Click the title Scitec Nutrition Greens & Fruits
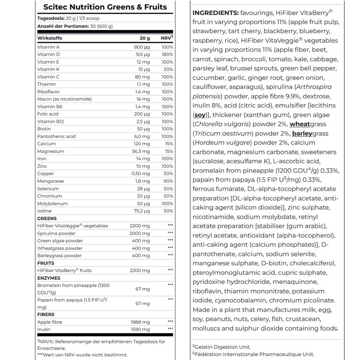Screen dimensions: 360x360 pos(105,7)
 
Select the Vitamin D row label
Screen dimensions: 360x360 pos(48,55)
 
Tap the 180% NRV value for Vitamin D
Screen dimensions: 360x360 pos(167,55)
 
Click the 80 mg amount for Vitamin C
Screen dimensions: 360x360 pos(143,77)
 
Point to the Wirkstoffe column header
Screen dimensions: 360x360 pos(50,38)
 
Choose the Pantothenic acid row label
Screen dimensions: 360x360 pos(56,136)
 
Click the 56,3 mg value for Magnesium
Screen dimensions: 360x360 pos(141,151)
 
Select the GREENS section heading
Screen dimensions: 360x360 pos(47,219)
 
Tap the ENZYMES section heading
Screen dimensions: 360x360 pos(49,278)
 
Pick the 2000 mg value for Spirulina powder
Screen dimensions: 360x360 pos(140,233)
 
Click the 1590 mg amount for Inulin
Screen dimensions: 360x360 pos(140,329)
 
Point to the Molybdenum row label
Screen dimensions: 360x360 pos(53,204)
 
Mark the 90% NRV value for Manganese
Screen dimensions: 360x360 pos(168,181)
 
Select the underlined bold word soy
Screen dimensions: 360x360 pos(200,115)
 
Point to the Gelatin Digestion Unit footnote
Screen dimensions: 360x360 pos(223,347)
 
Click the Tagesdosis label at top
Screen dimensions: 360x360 pos(52,18)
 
